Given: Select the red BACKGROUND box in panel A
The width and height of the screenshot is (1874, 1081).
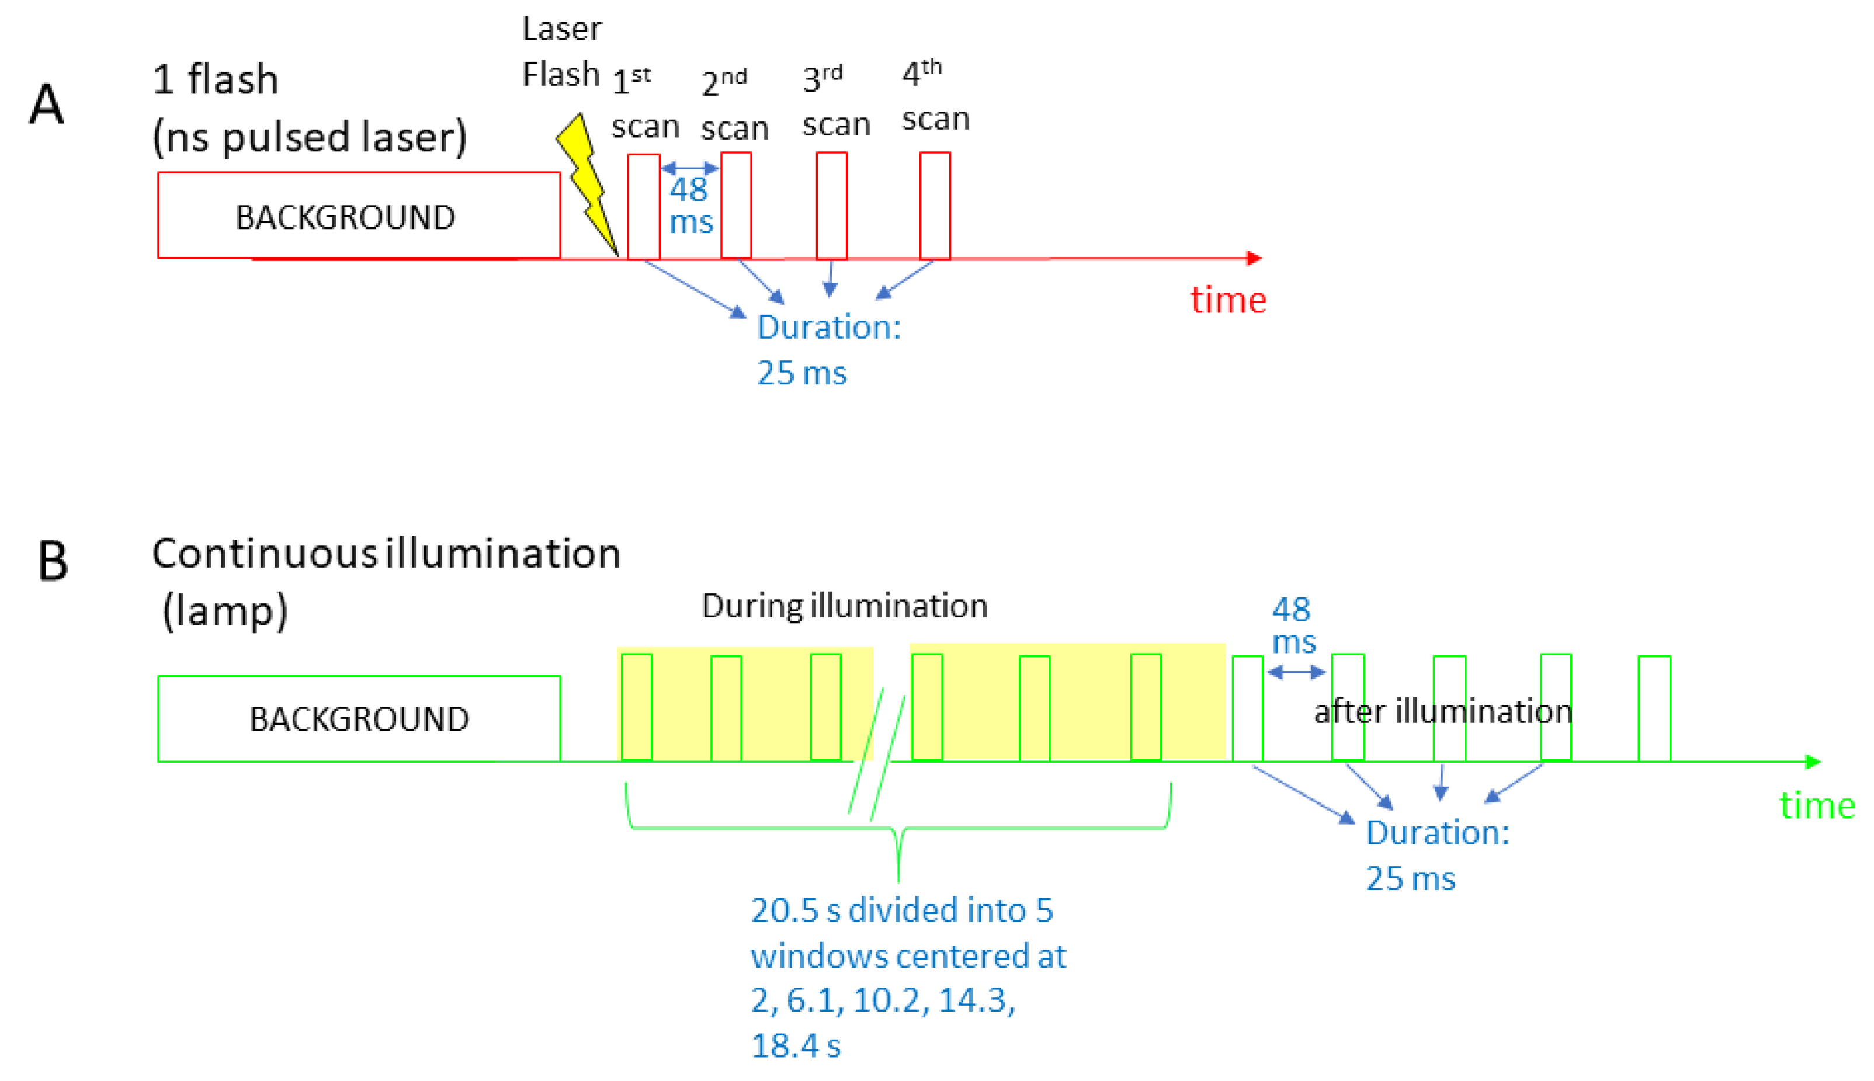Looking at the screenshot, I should [359, 216].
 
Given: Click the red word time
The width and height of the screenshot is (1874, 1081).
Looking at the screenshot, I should [1227, 300].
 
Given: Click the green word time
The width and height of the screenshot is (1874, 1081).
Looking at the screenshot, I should [1817, 805].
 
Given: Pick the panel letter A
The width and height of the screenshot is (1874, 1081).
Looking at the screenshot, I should [46, 105].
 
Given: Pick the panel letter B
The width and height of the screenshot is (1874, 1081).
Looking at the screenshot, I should [52, 561].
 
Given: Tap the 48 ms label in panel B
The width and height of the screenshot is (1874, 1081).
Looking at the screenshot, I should [1293, 625].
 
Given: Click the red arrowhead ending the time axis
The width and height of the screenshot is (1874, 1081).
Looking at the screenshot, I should [1254, 258].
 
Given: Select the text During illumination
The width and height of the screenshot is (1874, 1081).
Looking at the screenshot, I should [844, 606].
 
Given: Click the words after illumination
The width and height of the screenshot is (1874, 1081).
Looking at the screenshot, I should [1443, 711].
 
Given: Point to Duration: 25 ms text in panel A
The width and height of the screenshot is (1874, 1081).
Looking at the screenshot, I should [828, 349].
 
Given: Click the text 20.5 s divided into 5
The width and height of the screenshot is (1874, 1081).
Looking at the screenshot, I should [901, 910].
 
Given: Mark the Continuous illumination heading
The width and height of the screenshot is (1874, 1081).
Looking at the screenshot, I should [386, 554].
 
